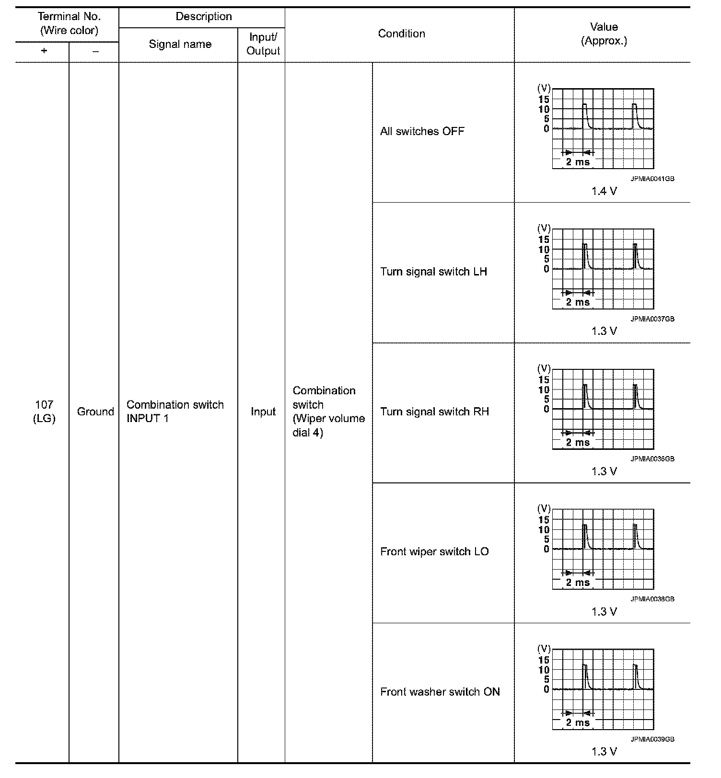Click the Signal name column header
point(180,45)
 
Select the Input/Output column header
point(263,44)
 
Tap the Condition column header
point(401,34)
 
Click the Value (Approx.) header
point(604,34)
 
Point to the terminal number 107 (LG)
point(44,412)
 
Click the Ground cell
point(95,412)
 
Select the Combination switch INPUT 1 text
point(175,412)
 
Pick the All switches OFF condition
point(422,131)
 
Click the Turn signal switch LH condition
point(433,272)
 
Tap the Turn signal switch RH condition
point(434,412)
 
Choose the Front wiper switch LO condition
point(434,551)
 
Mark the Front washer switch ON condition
point(440,692)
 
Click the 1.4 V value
point(604,192)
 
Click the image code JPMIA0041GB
point(652,179)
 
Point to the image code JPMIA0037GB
point(652,319)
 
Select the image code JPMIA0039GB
point(652,739)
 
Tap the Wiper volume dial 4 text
point(329,425)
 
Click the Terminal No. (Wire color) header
point(69,23)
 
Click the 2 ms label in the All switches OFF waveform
point(578,162)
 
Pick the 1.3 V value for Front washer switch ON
point(604,752)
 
